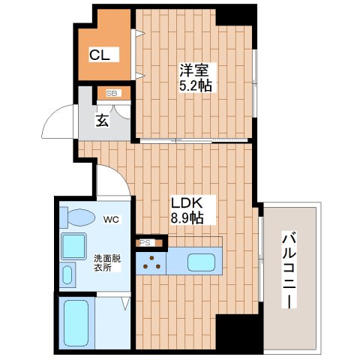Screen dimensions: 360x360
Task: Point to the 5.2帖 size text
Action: click(196, 86)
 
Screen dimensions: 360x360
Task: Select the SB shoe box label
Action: click(112, 94)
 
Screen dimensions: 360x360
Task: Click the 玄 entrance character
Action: click(102, 120)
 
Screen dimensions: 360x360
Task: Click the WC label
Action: click(111, 220)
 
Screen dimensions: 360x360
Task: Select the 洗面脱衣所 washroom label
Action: click(103, 261)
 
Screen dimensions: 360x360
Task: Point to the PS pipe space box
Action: click(145, 243)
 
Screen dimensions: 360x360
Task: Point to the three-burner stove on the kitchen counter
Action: click(152, 261)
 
